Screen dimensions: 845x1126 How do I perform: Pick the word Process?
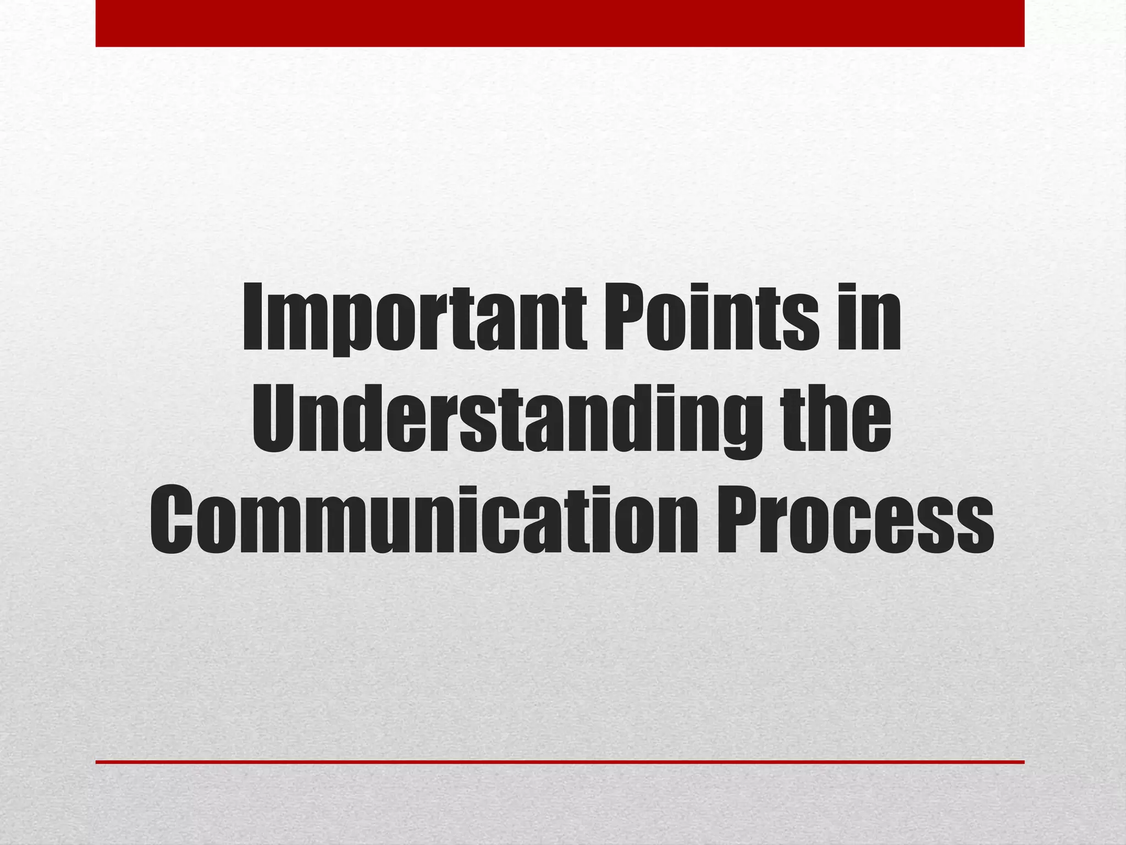(855, 520)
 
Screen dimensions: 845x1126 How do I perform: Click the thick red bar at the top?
(560, 23)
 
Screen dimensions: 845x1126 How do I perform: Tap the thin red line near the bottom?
(560, 762)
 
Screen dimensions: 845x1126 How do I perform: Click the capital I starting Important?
(254, 318)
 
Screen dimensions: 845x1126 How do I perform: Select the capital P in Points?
(624, 318)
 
